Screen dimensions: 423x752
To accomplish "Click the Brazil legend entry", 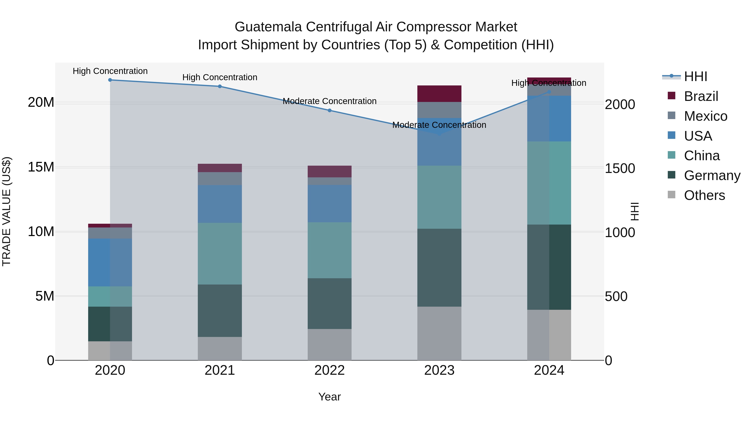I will click(x=701, y=96).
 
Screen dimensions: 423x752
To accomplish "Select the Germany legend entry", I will click(x=712, y=175).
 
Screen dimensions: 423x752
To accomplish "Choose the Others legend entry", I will click(x=704, y=195).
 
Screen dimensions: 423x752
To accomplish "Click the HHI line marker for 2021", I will click(x=220, y=86).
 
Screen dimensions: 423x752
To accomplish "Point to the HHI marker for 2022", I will click(x=330, y=110).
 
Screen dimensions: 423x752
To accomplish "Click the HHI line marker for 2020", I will click(x=110, y=80).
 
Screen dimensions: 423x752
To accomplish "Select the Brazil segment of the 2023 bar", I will click(x=439, y=94).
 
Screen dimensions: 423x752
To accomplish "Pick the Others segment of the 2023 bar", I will click(x=439, y=333).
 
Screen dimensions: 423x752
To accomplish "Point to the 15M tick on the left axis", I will click(x=41, y=167).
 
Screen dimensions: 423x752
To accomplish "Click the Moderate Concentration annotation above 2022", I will click(x=330, y=101).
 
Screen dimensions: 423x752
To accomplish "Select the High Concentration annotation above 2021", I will click(x=220, y=77).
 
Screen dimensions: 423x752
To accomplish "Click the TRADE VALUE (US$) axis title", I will click(x=6, y=211).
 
